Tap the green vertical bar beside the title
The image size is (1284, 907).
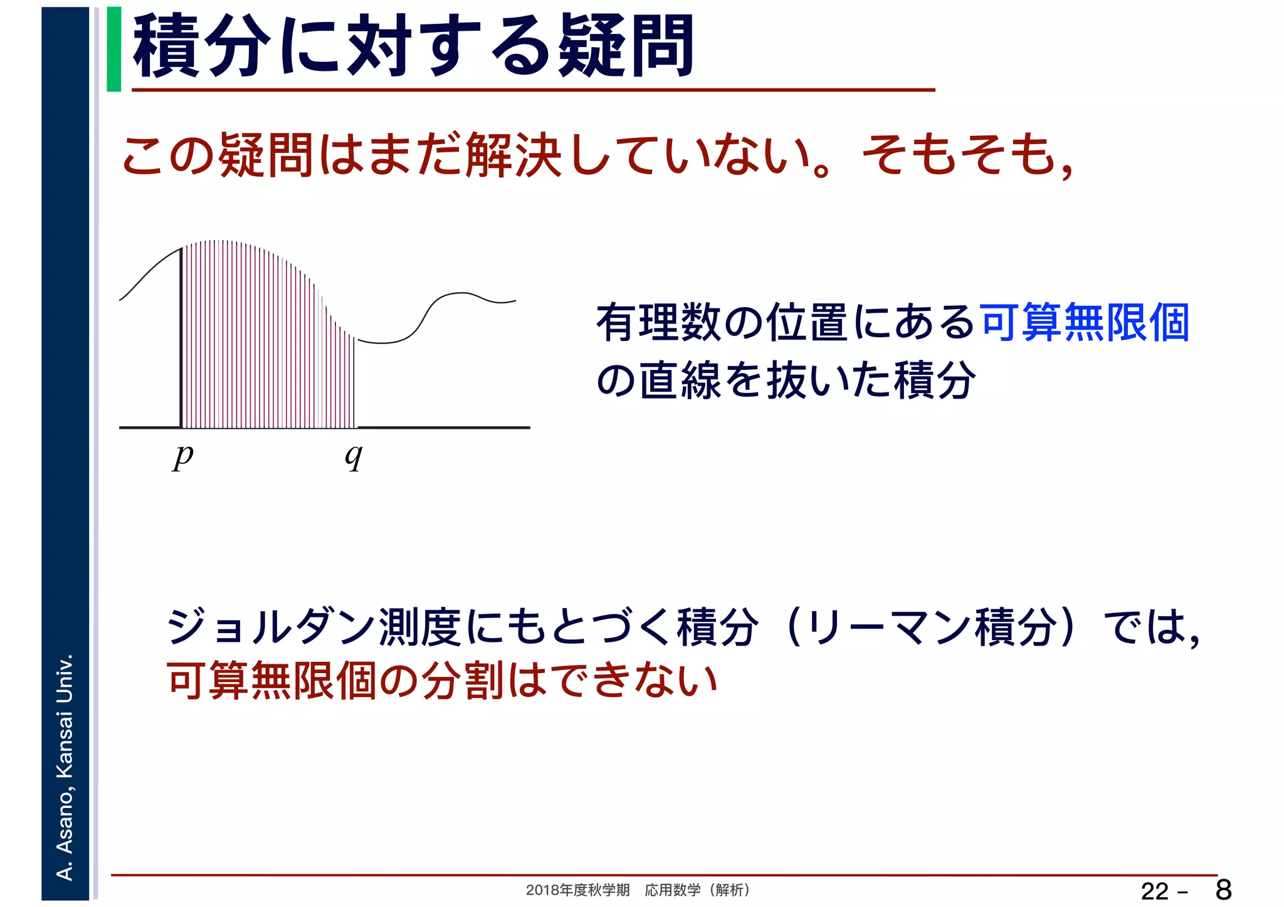(113, 50)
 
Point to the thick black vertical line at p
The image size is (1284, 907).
(181, 338)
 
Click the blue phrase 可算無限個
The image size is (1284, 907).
(1085, 323)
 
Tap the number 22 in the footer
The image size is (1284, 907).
(1154, 891)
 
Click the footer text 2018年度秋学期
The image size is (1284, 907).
(577, 890)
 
